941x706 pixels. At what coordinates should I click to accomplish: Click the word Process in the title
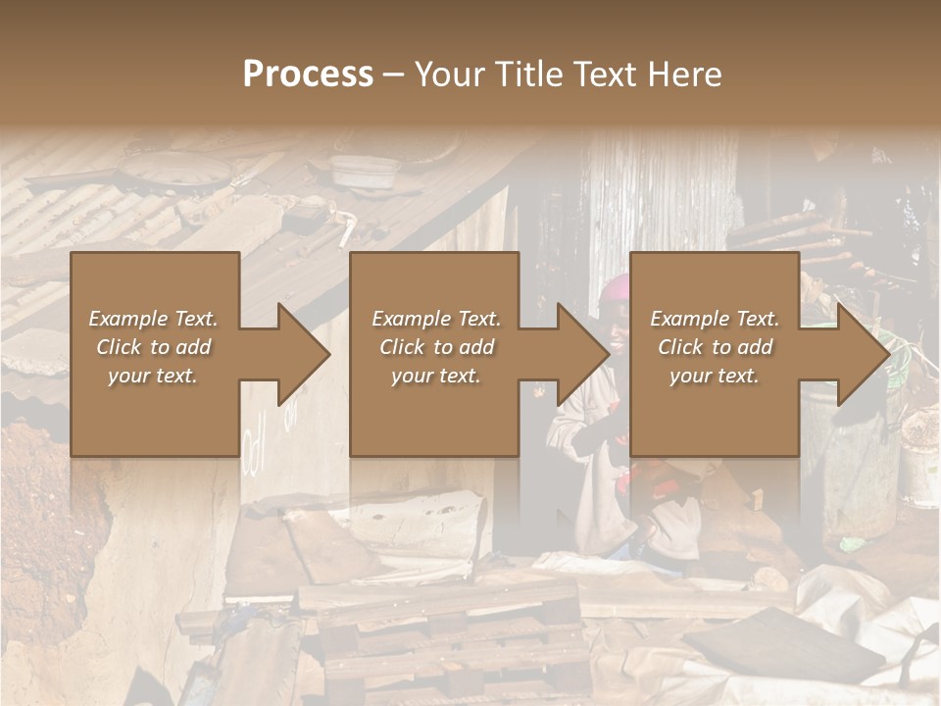tap(308, 75)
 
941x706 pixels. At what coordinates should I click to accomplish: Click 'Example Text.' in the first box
tap(153, 319)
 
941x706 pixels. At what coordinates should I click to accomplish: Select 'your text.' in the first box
tap(153, 376)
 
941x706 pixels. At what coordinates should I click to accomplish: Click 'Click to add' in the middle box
tap(436, 347)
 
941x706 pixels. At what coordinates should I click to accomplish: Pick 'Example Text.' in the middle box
tap(436, 319)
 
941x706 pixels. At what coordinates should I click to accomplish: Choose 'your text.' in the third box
tap(715, 376)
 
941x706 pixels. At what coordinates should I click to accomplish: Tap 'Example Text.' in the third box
tap(715, 319)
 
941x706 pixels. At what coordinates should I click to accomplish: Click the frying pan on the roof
tap(176, 174)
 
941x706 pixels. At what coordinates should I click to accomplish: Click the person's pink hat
tap(616, 287)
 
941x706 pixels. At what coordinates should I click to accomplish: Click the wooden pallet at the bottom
tap(441, 637)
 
